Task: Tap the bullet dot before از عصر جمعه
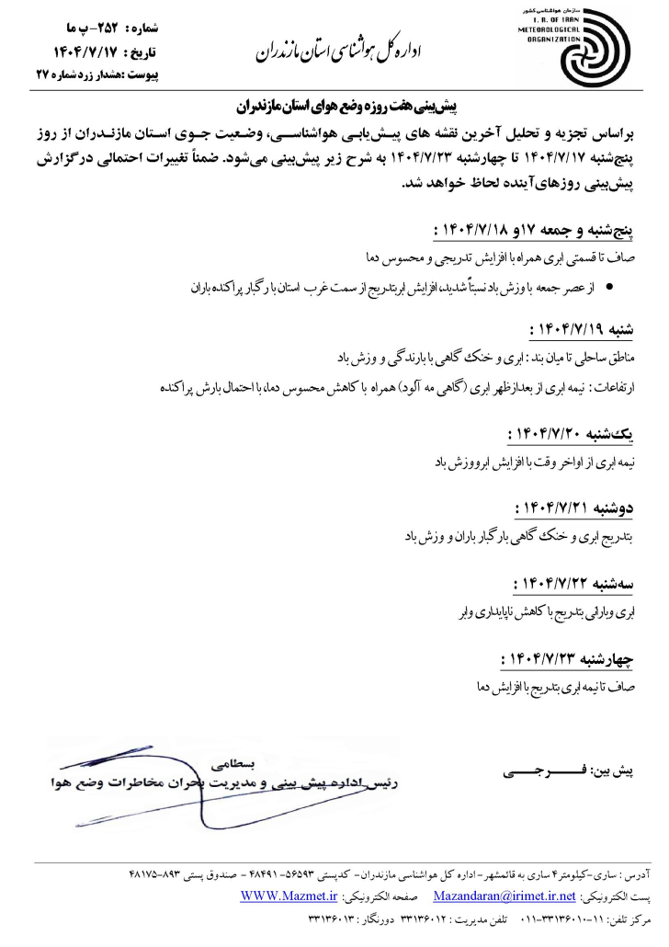point(611,288)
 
